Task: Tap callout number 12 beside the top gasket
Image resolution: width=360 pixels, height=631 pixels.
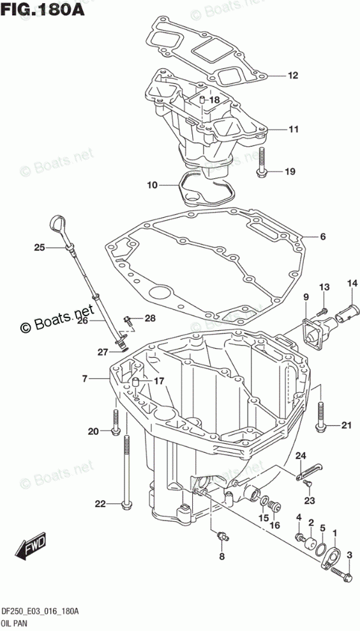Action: pyautogui.click(x=293, y=75)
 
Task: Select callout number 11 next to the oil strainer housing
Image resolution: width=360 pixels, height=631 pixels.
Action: pyautogui.click(x=293, y=129)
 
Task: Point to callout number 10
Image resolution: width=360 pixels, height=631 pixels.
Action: pyautogui.click(x=152, y=185)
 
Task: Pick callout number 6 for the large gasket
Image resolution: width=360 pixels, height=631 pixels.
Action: pyautogui.click(x=322, y=236)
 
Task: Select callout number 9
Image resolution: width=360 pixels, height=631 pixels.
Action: pyautogui.click(x=306, y=298)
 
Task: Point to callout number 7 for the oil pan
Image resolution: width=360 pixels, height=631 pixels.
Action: pyautogui.click(x=84, y=378)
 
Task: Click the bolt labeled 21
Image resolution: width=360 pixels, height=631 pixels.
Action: pyautogui.click(x=320, y=416)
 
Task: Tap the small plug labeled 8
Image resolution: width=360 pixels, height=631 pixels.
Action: pyautogui.click(x=221, y=535)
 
